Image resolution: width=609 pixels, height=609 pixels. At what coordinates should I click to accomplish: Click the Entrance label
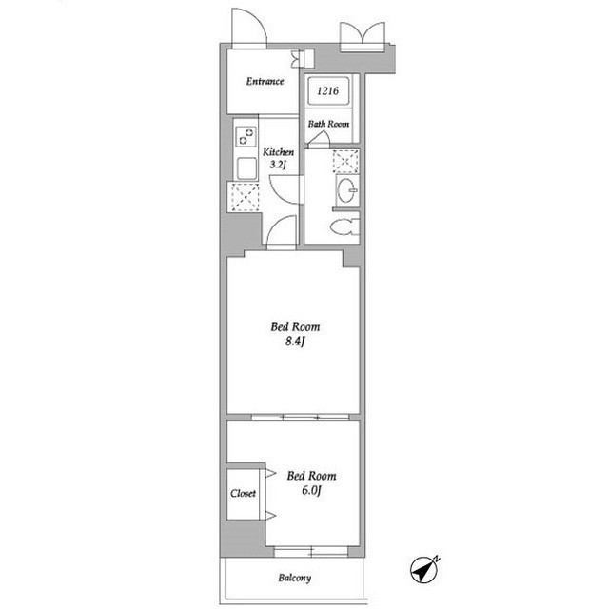click(x=265, y=81)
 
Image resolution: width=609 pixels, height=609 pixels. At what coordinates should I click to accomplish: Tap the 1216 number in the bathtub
click(x=327, y=91)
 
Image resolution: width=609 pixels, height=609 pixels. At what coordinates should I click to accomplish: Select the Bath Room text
click(x=328, y=124)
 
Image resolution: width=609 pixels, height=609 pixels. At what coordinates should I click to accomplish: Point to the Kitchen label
click(x=278, y=152)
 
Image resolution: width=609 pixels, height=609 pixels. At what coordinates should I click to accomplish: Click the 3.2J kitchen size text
click(x=278, y=165)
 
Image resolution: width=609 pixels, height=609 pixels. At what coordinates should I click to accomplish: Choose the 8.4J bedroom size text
click(x=295, y=342)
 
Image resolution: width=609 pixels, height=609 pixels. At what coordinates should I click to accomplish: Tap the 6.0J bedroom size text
click(x=311, y=491)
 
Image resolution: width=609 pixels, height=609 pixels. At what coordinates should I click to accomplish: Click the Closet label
click(x=243, y=493)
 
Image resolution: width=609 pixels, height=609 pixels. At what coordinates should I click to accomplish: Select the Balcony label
click(x=294, y=578)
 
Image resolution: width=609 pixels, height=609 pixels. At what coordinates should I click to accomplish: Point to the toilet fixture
click(x=344, y=226)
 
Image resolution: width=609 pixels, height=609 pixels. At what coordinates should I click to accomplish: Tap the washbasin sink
click(x=346, y=190)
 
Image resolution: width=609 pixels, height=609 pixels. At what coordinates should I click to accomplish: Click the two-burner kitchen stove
click(x=246, y=137)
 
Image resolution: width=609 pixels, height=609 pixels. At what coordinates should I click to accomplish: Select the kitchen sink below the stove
click(x=246, y=168)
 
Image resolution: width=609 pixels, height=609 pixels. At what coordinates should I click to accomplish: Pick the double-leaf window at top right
click(x=363, y=36)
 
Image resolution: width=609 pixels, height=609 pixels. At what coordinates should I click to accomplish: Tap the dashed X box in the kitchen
click(x=245, y=197)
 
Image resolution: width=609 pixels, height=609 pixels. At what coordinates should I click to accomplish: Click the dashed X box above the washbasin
click(x=345, y=161)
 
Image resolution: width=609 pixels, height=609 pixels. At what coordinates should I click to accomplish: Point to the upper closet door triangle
click(x=270, y=473)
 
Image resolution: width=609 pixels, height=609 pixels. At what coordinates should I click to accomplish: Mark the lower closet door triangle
click(x=270, y=516)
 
